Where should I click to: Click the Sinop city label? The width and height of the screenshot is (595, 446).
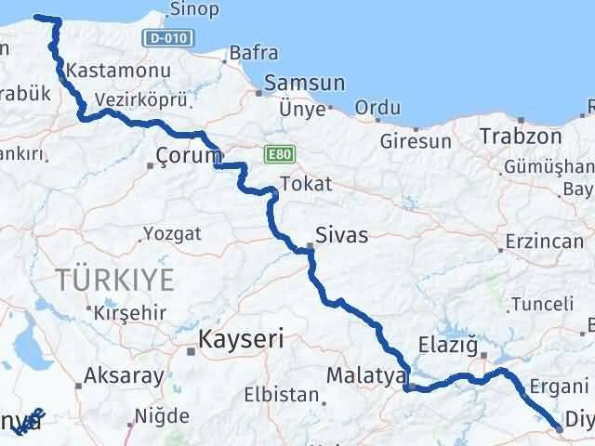pos(195,10)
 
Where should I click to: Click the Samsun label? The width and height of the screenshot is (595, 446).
pos(304,83)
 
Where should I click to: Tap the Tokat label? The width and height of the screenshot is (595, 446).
pos(305,183)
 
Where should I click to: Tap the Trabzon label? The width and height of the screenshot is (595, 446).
pos(521,136)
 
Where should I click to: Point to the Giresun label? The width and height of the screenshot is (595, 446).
pos(416,142)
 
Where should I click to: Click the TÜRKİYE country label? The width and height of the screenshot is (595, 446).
pos(115,277)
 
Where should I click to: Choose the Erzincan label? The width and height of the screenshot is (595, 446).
pos(544,242)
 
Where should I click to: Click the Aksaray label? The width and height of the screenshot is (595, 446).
pos(124,376)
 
